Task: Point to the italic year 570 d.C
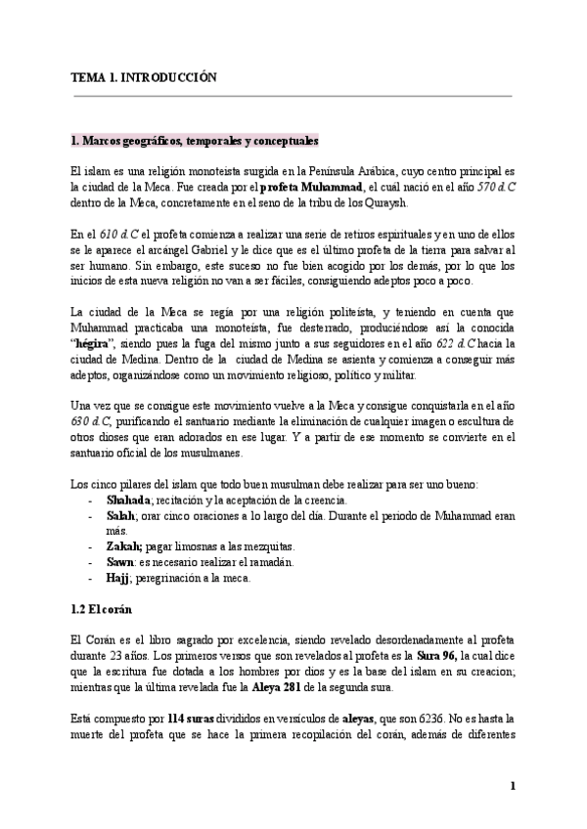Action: (497, 187)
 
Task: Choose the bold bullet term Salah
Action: (120, 514)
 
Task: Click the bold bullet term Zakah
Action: (125, 545)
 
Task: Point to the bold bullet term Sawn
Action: (121, 561)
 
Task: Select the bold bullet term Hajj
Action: (118, 577)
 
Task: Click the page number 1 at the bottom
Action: (512, 785)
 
